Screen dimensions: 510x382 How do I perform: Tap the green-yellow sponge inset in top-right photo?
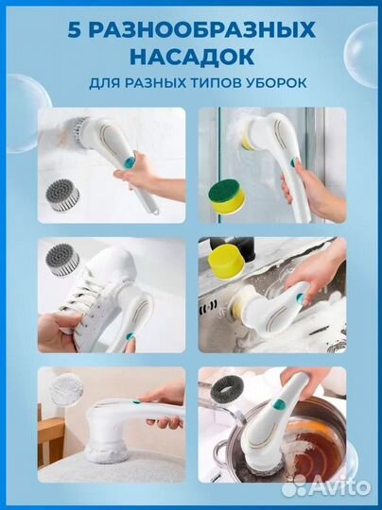coord(228,198)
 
